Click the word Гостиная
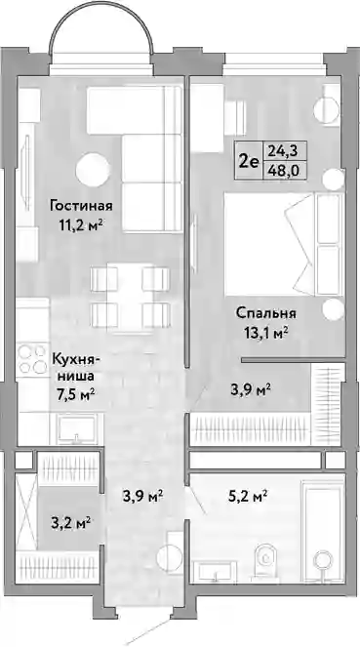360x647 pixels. pyautogui.click(x=81, y=206)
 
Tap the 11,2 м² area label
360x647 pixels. pyautogui.click(x=81, y=224)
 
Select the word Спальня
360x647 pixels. pyautogui.click(x=266, y=313)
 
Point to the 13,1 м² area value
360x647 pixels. pyautogui.click(x=266, y=333)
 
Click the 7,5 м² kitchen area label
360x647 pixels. pyautogui.click(x=75, y=395)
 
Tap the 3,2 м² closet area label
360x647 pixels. pyautogui.click(x=71, y=524)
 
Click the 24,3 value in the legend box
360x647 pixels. pyautogui.click(x=285, y=151)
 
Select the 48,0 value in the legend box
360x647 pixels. pyautogui.click(x=285, y=170)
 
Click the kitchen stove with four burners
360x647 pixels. pyautogui.click(x=32, y=359)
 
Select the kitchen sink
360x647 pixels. pyautogui.click(x=76, y=427)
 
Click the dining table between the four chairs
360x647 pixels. pyautogui.click(x=130, y=297)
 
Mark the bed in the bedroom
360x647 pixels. pyautogui.click(x=284, y=245)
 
